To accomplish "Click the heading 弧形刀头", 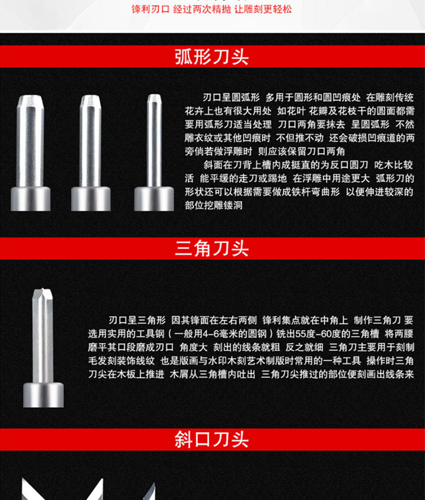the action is pyautogui.click(x=211, y=57).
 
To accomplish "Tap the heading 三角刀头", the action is pyautogui.click(x=211, y=249).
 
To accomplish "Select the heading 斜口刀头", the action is pyautogui.click(x=211, y=439).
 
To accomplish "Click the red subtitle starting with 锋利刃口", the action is pyautogui.click(x=211, y=9).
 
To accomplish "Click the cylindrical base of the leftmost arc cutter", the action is pyautogui.click(x=31, y=199).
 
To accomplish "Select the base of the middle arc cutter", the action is pyautogui.click(x=91, y=199).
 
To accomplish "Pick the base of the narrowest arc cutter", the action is pyautogui.click(x=154, y=199).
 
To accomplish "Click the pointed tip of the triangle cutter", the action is pyautogui.click(x=43, y=289).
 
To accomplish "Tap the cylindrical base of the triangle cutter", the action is pyautogui.click(x=44, y=395).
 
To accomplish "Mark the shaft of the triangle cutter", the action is pyautogui.click(x=43, y=339).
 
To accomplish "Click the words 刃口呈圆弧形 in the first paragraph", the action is pyautogui.click(x=231, y=97).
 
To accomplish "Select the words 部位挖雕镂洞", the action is pyautogui.click(x=214, y=206).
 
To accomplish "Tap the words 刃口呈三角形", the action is pyautogui.click(x=137, y=320).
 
